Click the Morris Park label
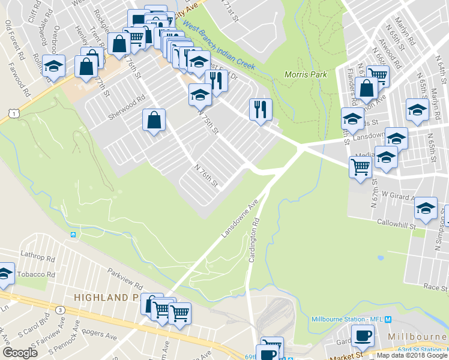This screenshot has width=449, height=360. pos(306,74)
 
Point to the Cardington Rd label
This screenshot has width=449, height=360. pos(256,239)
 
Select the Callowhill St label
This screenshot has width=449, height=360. pos(396,223)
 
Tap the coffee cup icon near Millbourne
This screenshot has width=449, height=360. pos(362,335)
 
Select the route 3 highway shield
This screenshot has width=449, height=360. pos(60,310)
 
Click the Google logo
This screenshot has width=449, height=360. pos(20,353)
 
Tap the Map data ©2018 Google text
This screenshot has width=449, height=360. pos(412,355)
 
